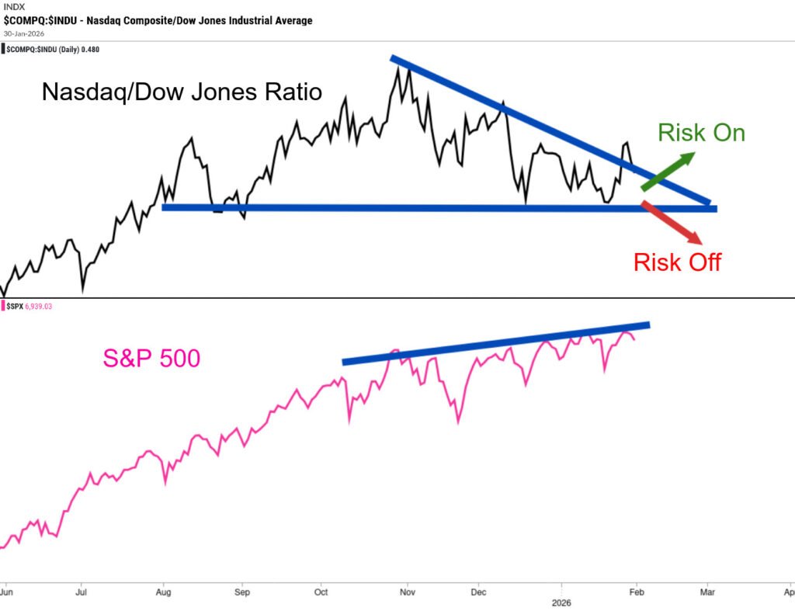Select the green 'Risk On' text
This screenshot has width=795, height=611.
click(x=701, y=133)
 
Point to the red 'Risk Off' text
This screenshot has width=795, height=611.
click(x=677, y=262)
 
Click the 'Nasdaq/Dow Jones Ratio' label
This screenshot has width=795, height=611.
click(x=182, y=92)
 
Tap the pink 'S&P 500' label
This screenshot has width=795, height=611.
click(x=151, y=358)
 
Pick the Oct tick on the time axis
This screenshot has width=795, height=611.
click(x=320, y=591)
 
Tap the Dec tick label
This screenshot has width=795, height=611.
click(x=478, y=591)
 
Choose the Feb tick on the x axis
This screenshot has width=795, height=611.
click(x=636, y=591)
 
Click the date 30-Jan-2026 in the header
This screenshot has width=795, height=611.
click(x=25, y=33)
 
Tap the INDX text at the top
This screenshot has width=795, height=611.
click(x=14, y=7)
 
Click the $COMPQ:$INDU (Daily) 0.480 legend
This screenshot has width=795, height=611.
click(x=53, y=49)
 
